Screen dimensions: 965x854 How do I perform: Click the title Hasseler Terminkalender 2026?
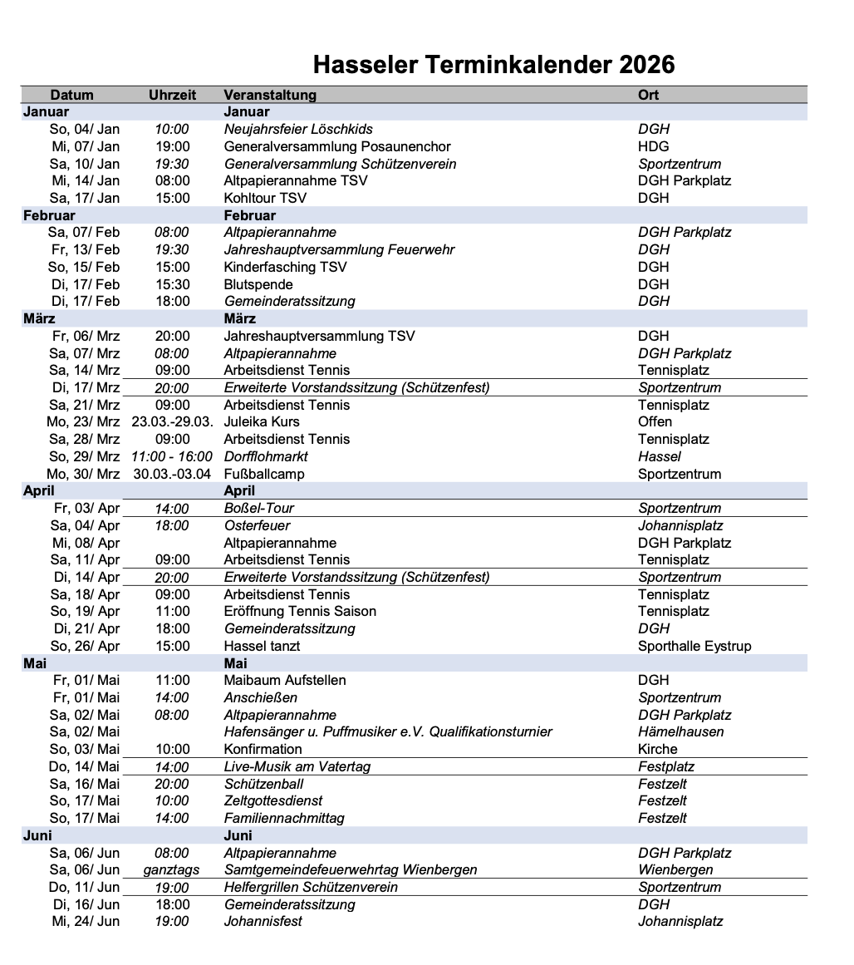click(x=493, y=65)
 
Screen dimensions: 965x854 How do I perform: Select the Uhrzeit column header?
click(x=172, y=95)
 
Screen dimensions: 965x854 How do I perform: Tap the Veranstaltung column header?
click(x=270, y=95)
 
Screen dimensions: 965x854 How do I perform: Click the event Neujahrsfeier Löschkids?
click(x=298, y=130)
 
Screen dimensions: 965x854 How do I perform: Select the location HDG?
click(x=653, y=146)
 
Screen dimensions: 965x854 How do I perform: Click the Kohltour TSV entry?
click(x=265, y=198)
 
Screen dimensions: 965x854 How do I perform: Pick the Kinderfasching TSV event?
click(x=285, y=267)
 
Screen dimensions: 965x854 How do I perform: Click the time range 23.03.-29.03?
click(x=172, y=422)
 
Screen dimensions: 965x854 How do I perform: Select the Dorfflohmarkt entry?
click(x=266, y=456)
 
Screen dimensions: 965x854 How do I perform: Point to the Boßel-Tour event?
click(x=259, y=508)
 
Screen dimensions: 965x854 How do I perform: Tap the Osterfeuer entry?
click(x=257, y=525)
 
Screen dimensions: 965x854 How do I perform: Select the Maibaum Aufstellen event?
click(x=285, y=680)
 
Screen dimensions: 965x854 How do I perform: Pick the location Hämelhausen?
click(x=680, y=732)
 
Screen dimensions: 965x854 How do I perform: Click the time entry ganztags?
click(x=172, y=869)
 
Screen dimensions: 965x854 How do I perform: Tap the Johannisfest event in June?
click(x=263, y=921)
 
